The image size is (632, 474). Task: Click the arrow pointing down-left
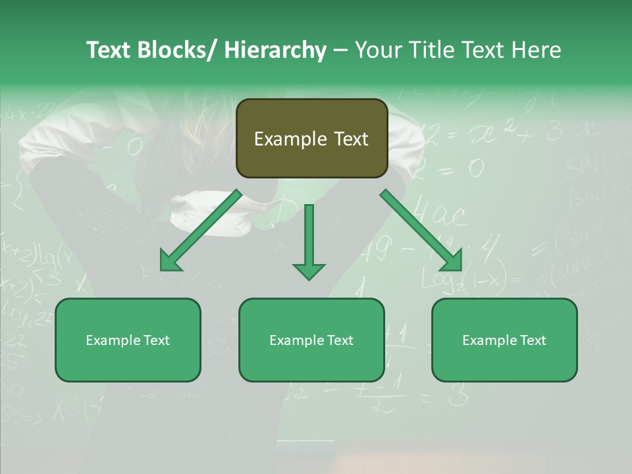201,230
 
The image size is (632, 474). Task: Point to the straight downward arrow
309,240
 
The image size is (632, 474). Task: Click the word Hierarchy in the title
275,50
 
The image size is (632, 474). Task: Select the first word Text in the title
108,50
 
